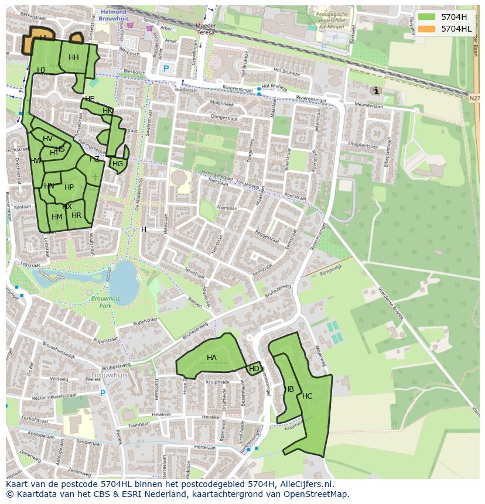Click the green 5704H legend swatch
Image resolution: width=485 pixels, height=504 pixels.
tap(426, 17)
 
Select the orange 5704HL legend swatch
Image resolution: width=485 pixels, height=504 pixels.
tap(426, 28)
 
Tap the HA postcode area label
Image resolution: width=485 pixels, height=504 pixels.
tap(211, 357)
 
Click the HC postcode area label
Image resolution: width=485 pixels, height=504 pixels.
tap(308, 396)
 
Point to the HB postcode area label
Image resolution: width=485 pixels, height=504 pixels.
tap(289, 389)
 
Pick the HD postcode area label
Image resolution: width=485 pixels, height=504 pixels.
tap(254, 369)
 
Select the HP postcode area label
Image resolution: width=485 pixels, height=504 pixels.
tap(69, 187)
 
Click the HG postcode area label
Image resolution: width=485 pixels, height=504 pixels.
tap(118, 164)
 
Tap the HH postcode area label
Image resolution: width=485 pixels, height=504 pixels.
tap(73, 57)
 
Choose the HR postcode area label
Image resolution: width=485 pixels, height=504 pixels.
tap(76, 215)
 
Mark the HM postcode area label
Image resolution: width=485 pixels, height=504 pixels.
tap(57, 217)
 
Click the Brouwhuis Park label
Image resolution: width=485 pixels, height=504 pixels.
tap(105, 302)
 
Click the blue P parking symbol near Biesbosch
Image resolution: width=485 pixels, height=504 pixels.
tap(166, 68)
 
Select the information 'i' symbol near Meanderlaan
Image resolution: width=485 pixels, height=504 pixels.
tap(375, 91)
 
